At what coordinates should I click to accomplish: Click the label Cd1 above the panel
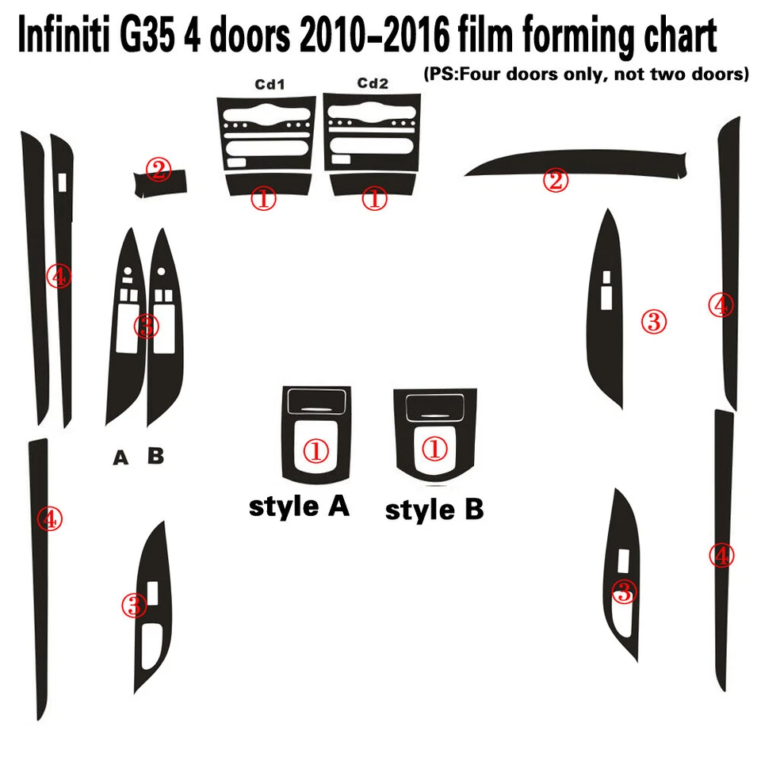[270, 83]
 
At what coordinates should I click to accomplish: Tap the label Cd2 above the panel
[372, 83]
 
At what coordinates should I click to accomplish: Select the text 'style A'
[299, 506]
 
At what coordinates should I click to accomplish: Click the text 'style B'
[434, 510]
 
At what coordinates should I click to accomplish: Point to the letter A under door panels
[120, 457]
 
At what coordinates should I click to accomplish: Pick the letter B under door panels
[156, 456]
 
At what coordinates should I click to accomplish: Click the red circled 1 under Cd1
[263, 198]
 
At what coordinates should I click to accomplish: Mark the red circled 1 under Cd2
[374, 198]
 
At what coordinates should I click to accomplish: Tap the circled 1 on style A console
[316, 452]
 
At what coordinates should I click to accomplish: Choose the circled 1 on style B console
[434, 450]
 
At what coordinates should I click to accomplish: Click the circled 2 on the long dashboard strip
[556, 181]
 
